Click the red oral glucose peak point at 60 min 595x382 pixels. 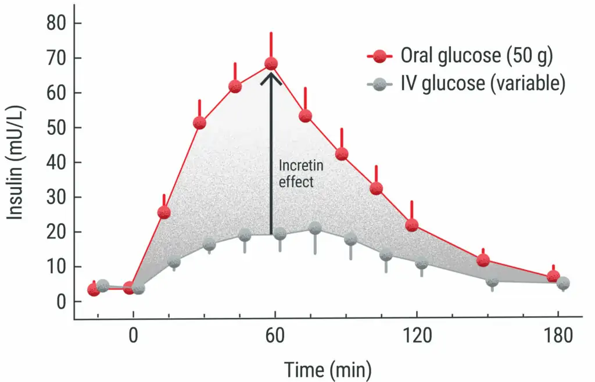271,63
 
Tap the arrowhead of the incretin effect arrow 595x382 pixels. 271,78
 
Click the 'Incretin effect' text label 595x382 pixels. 300,174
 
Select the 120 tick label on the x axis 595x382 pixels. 417,337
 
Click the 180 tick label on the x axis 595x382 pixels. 558,337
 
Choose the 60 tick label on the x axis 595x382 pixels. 275,337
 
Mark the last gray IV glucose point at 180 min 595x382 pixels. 562,283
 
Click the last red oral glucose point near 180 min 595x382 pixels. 553,276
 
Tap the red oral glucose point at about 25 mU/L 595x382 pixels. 164,212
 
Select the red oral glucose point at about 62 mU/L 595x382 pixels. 235,87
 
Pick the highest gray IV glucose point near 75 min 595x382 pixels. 315,228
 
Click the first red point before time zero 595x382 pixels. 94,290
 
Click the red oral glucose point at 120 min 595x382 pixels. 411,225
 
